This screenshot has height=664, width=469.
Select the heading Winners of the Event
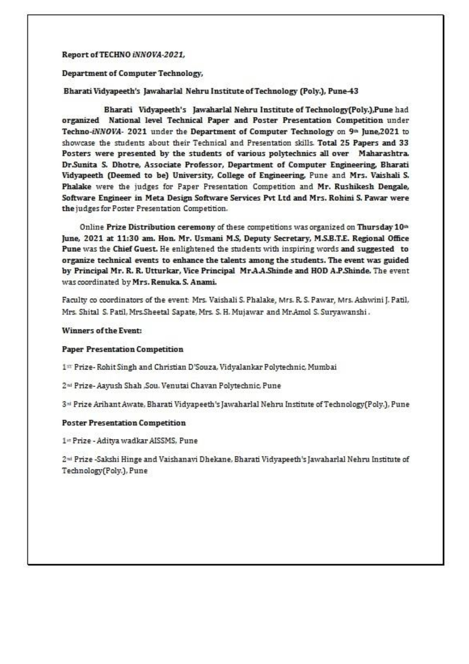102,330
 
